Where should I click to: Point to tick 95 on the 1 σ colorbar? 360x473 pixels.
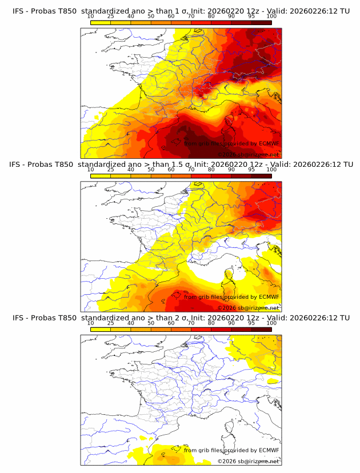(x=251, y=16)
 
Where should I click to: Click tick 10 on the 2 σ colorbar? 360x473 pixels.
(x=91, y=323)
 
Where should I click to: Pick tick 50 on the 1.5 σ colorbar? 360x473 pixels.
(x=151, y=170)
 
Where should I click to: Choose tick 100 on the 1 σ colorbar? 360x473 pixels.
(x=271, y=16)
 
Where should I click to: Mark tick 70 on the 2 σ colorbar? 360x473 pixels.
(x=191, y=323)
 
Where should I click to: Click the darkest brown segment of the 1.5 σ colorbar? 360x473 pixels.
(x=261, y=176)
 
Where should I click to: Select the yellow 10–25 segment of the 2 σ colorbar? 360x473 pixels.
(x=101, y=330)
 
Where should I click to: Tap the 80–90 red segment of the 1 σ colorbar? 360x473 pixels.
(x=221, y=22)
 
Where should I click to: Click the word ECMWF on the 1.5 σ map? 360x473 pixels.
(x=269, y=296)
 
